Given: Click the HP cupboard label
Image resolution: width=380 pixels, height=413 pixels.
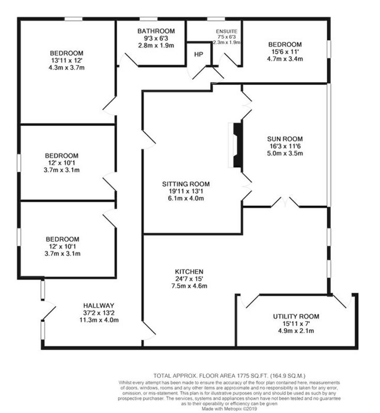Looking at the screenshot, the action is [x=199, y=54].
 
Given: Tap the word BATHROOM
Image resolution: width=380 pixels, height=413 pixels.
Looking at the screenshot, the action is [x=156, y=31].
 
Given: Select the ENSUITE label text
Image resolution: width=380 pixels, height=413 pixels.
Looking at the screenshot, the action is [x=227, y=31].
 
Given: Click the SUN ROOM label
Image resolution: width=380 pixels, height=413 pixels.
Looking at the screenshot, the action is [x=285, y=139].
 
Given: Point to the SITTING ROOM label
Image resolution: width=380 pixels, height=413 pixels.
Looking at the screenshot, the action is [x=186, y=184].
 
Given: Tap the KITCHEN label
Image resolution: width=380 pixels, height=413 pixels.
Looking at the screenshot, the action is [x=189, y=272].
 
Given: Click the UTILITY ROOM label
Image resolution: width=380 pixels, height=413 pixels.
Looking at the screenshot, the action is [x=296, y=316].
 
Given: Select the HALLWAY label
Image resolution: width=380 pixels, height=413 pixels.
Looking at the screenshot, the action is [x=99, y=306].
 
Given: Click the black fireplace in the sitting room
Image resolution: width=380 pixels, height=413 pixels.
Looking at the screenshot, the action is [x=237, y=145].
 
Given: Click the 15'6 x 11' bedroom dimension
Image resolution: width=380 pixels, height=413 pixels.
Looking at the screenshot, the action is [x=285, y=52].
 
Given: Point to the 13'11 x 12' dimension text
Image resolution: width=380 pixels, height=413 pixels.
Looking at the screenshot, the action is [x=67, y=60].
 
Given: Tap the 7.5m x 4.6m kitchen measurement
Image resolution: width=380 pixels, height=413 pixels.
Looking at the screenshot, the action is [x=189, y=286].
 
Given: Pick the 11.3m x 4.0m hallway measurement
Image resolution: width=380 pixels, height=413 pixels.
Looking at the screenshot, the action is [x=99, y=320].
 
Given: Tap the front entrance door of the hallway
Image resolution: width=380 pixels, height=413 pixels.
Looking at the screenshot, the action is [x=49, y=310].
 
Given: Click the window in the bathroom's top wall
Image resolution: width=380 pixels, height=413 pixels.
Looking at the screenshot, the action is [x=149, y=19].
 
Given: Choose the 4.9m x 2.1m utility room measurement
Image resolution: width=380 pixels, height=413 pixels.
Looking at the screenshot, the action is [x=296, y=331].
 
